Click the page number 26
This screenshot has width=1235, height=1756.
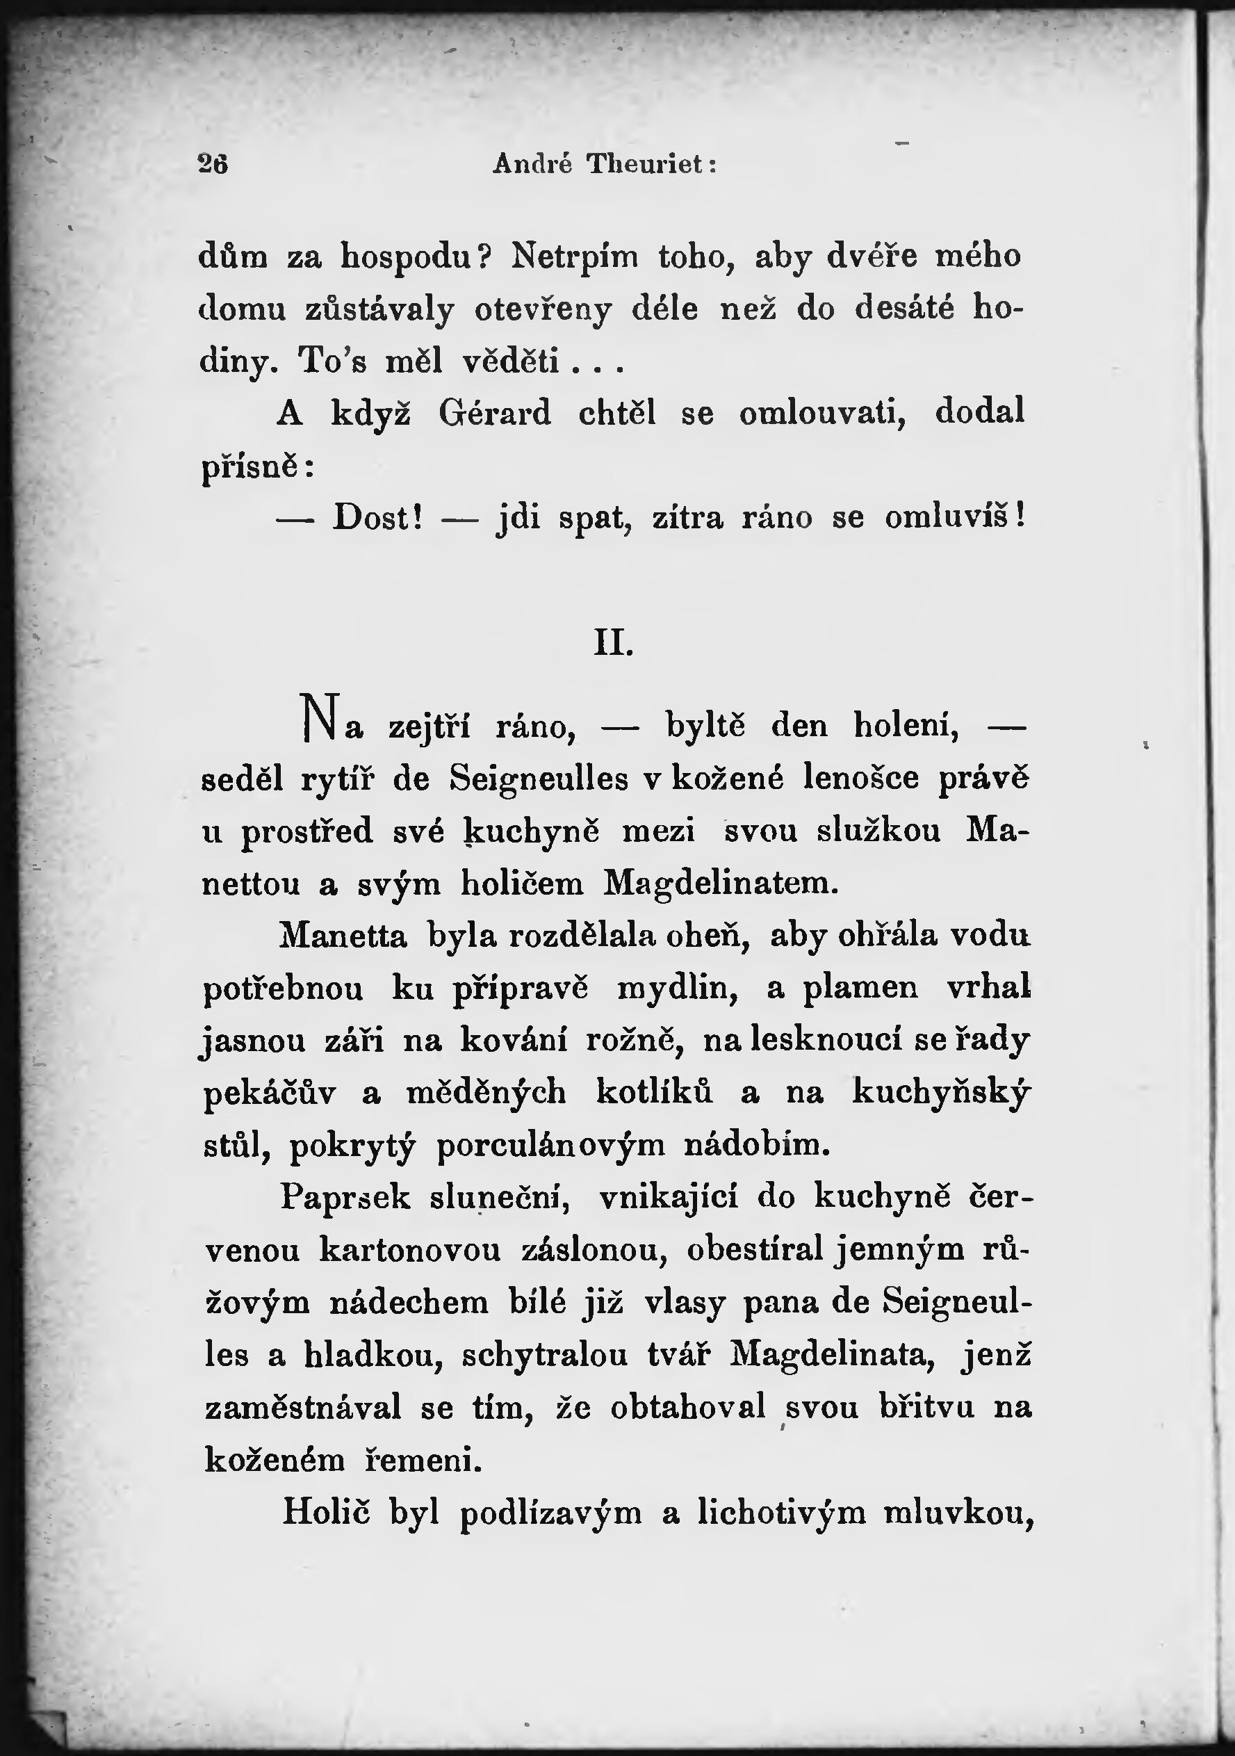(x=213, y=163)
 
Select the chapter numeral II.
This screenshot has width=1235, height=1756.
(x=613, y=643)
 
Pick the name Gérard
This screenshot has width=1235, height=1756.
(x=495, y=414)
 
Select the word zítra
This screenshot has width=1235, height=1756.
(x=687, y=518)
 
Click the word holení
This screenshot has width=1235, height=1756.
(x=906, y=724)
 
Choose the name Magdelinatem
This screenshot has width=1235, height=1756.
(x=721, y=884)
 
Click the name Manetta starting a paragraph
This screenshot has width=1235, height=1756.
(x=343, y=936)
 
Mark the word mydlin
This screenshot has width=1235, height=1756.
(x=678, y=988)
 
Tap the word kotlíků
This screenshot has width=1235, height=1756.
(x=655, y=1092)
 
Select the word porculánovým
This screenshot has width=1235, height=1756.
(x=550, y=1146)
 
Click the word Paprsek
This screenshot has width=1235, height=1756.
(x=345, y=1198)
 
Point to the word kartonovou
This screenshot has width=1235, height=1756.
(x=410, y=1250)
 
